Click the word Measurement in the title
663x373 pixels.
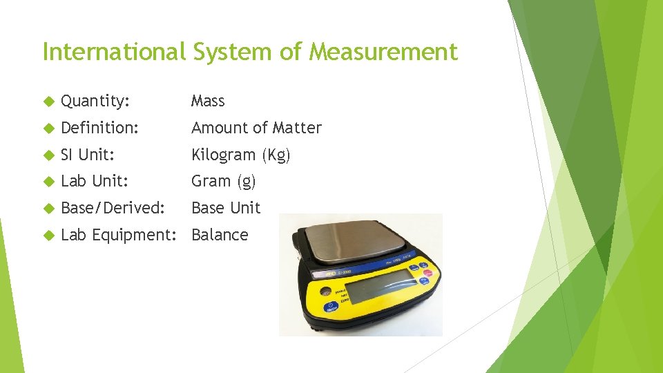coord(383,52)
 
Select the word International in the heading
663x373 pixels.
coord(114,52)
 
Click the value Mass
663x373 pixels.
coord(208,102)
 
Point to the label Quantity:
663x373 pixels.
coord(95,102)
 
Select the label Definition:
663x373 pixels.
coord(100,128)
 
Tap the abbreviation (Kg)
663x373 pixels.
coord(276,155)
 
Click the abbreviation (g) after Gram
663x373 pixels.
coord(246,182)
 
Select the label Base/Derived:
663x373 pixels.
coord(113,208)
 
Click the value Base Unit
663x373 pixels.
coord(226,208)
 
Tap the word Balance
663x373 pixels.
coord(220,235)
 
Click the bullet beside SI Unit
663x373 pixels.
coord(48,155)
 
